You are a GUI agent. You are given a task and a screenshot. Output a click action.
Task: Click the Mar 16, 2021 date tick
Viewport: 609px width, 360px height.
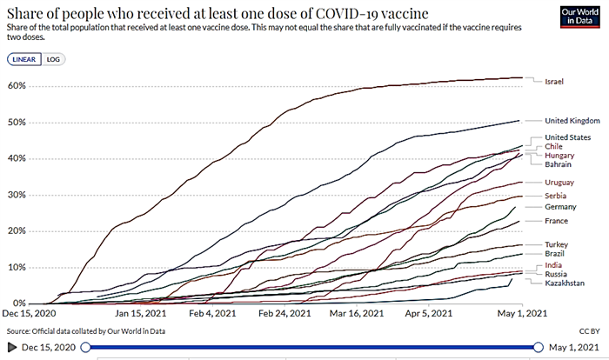(356, 314)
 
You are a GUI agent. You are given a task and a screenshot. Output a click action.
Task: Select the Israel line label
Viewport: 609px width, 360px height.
(554, 82)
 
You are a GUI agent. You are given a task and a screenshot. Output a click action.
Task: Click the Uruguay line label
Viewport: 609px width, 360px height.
(559, 182)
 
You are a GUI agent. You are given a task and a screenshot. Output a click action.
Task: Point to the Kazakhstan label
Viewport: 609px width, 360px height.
(564, 283)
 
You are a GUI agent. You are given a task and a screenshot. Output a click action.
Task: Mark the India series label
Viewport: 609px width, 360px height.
(552, 263)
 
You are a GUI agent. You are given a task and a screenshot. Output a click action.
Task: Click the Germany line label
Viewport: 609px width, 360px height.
(560, 207)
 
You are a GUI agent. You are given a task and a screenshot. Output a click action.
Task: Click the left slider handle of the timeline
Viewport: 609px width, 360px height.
(85, 347)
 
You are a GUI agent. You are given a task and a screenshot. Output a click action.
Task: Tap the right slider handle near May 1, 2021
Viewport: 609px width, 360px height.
(538, 347)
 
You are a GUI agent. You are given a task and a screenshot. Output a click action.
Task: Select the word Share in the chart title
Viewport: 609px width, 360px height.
(25, 11)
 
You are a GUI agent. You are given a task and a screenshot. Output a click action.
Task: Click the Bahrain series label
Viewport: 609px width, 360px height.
(559, 163)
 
